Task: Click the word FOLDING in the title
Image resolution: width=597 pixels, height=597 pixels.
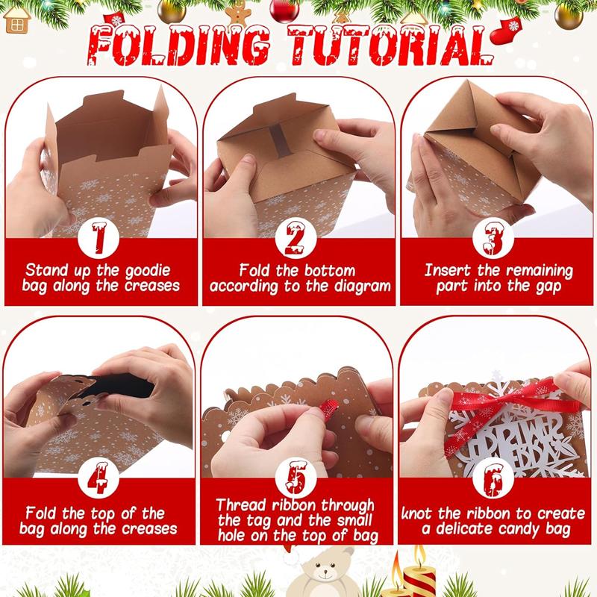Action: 179,45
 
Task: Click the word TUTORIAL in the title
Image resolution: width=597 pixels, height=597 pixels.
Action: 390,45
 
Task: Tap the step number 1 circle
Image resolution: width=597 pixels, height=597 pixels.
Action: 99,238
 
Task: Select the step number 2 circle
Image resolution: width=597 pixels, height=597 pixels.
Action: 296,238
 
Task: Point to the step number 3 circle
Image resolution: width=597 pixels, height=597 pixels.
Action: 493,238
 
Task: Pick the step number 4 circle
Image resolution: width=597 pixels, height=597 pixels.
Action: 99,478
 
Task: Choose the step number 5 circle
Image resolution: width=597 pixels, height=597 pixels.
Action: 296,478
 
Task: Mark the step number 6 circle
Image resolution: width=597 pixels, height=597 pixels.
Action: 493,478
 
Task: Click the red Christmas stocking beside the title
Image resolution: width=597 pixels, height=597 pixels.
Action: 507,30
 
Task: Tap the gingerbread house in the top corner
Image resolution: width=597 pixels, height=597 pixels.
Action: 17,19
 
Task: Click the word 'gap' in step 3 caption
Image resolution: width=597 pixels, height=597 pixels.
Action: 548,287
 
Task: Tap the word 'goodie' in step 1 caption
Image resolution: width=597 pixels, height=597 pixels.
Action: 148,271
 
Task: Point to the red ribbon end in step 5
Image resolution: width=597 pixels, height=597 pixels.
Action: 330,408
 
